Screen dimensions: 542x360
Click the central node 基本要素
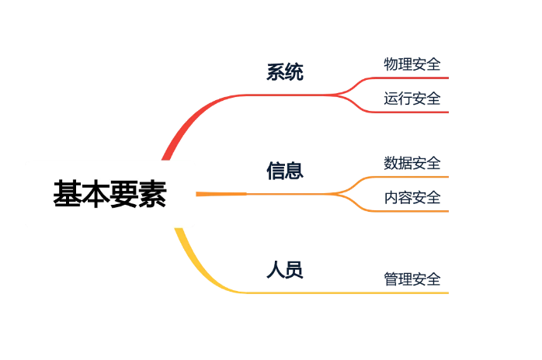tap(110, 193)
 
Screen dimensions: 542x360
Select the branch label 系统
tap(285, 72)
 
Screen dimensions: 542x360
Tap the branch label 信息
tap(285, 171)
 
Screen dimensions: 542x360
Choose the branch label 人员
tap(285, 270)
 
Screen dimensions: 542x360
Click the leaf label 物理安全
tap(412, 64)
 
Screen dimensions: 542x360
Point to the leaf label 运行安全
tap(412, 99)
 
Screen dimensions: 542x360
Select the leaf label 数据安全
tap(412, 163)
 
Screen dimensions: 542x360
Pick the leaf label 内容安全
tap(412, 198)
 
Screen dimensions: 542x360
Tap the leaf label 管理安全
tap(412, 279)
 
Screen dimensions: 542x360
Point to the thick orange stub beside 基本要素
tap(221, 194)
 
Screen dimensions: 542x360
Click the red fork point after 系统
tap(336, 95)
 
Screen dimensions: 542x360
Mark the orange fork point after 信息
tap(336, 194)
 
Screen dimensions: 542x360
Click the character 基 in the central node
tap(67, 193)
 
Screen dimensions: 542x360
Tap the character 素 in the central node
tap(153, 193)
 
